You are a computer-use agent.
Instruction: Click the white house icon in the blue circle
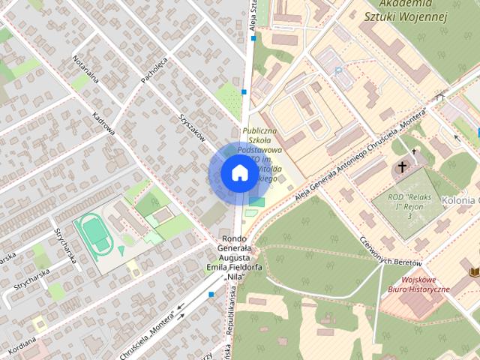(238, 173)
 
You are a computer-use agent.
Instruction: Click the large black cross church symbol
(403, 166)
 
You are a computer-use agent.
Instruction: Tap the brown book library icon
(474, 271)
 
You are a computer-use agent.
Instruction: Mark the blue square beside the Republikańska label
(211, 295)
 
